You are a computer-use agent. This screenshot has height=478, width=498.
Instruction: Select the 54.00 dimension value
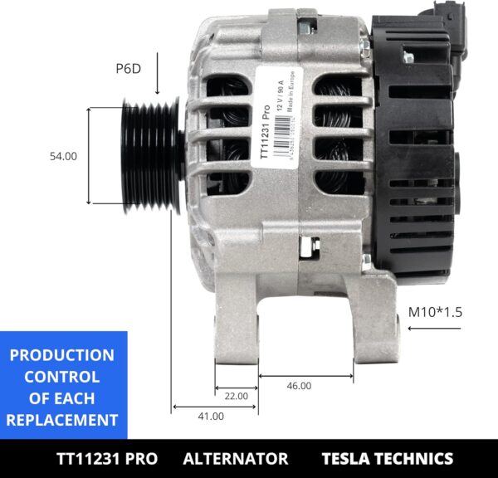[x=63, y=156]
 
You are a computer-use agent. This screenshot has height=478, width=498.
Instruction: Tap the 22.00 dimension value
[x=237, y=397]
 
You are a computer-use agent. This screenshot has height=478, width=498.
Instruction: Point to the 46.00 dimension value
[x=299, y=385]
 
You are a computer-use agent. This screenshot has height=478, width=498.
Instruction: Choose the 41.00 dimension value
[x=211, y=417]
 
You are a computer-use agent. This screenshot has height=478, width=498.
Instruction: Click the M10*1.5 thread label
[x=434, y=313]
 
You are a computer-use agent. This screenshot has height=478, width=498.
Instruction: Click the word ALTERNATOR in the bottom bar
[x=235, y=459]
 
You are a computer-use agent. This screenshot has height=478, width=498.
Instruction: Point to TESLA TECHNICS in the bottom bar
[x=387, y=459]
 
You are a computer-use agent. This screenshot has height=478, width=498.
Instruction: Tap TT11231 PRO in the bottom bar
[x=106, y=459]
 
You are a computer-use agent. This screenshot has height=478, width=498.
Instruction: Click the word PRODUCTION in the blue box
[x=61, y=355]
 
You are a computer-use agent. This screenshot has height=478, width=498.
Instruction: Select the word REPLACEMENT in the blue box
[x=61, y=420]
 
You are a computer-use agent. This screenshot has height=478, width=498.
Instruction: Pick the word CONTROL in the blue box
[x=61, y=377]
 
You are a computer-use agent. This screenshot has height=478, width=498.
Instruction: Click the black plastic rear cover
[x=415, y=166]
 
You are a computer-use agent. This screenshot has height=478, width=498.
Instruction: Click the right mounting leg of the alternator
[x=365, y=324]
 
